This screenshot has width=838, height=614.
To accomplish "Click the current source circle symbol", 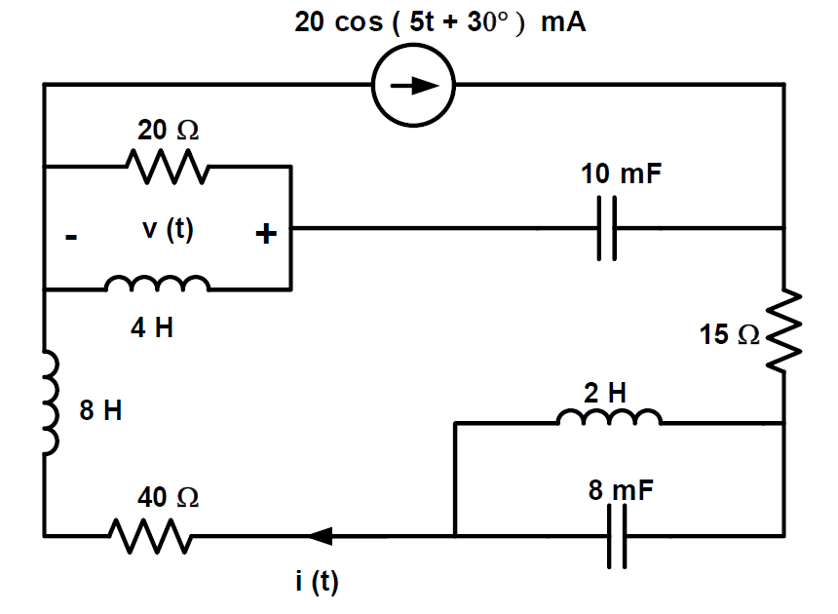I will pyautogui.click(x=413, y=85).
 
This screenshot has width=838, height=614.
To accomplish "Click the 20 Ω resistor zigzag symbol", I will pyautogui.click(x=164, y=167).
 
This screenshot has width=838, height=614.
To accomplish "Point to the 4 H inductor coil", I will pyautogui.click(x=156, y=285).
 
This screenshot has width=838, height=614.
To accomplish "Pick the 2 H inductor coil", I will pyautogui.click(x=609, y=418).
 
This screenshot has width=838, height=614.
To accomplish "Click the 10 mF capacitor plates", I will pyautogui.click(x=607, y=229).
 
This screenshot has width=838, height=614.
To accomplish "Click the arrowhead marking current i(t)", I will pyautogui.click(x=320, y=535).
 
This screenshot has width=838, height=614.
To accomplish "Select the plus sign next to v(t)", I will pyautogui.click(x=266, y=234).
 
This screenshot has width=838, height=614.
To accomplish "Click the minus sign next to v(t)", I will pyautogui.click(x=70, y=237).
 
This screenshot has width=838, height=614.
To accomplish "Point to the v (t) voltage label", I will pyautogui.click(x=168, y=231).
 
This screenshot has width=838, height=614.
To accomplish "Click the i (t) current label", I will pyautogui.click(x=317, y=582).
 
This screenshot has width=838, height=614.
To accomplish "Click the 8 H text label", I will pyautogui.click(x=100, y=411).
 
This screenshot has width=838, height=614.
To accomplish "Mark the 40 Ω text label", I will pyautogui.click(x=168, y=498).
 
